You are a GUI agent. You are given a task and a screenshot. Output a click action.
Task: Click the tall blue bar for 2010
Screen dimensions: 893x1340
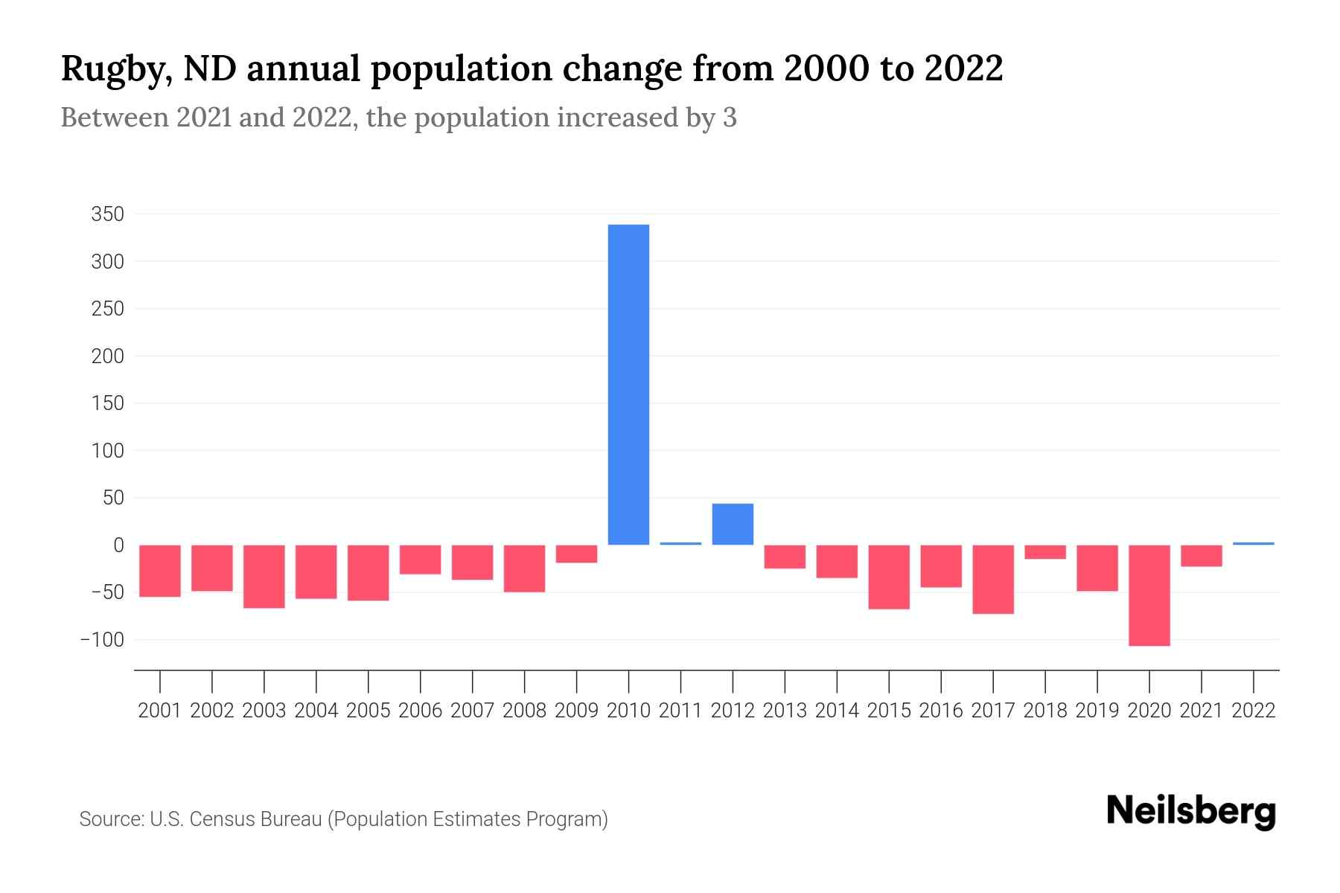(x=628, y=384)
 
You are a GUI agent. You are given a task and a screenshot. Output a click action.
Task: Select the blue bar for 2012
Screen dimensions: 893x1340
(x=733, y=524)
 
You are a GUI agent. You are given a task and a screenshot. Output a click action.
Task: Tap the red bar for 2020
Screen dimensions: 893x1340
(x=1149, y=595)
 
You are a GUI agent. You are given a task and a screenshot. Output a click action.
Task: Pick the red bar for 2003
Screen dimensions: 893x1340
(x=264, y=576)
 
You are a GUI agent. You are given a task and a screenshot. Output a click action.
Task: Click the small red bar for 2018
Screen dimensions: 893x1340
(x=1044, y=551)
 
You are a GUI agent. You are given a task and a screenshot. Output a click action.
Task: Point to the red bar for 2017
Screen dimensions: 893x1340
(x=992, y=579)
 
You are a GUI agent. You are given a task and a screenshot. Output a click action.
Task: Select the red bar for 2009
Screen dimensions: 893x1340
(x=576, y=554)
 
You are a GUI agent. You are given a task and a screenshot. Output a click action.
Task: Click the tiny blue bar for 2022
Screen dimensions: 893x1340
(x=1253, y=543)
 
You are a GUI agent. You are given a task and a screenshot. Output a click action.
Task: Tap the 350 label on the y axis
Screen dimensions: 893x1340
(x=107, y=215)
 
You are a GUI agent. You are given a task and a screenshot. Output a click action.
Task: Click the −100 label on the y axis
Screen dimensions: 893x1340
(x=102, y=640)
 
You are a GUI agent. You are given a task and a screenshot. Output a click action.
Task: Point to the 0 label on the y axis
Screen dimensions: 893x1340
(x=118, y=545)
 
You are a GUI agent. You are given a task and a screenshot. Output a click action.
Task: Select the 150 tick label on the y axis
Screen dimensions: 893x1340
(x=107, y=403)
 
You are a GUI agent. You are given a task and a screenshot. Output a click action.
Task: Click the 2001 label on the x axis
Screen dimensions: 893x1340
(x=160, y=711)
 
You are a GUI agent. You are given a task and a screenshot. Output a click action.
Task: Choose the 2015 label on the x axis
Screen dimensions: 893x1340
(x=889, y=711)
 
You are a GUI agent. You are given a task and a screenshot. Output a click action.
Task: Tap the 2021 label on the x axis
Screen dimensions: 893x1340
(x=1201, y=711)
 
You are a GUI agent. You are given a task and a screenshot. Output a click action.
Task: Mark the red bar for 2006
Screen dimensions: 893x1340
(x=420, y=560)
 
